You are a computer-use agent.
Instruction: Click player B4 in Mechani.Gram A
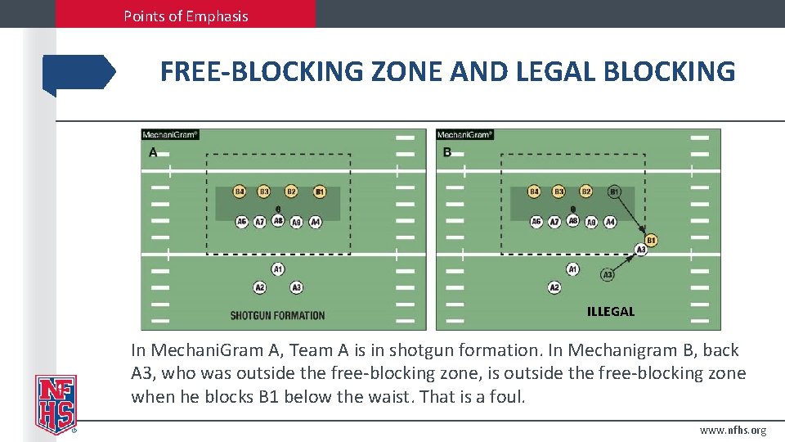[x=240, y=192]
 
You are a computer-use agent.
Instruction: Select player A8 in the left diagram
[x=278, y=221]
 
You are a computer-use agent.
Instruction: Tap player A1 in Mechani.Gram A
[x=278, y=268]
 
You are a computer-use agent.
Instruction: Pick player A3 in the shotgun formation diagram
[x=296, y=287]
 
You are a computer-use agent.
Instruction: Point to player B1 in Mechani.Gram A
[x=320, y=192]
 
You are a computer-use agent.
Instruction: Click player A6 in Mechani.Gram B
[x=536, y=222]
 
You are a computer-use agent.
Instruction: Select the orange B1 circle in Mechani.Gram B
[x=651, y=240]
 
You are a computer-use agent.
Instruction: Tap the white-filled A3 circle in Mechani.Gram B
[x=608, y=275]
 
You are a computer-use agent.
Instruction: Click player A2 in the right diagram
[x=554, y=287]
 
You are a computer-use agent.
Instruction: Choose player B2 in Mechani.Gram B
[x=585, y=192]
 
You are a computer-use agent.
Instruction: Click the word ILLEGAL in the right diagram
[x=610, y=311]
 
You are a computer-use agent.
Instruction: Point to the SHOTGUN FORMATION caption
[x=277, y=315]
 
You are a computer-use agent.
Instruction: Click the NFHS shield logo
[x=56, y=404]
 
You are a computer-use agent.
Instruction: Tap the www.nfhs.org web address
[x=733, y=431]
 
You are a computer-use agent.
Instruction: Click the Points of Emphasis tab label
[x=186, y=16]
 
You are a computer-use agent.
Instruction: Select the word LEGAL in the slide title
[x=555, y=72]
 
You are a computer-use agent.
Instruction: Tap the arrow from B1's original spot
[x=630, y=212]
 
